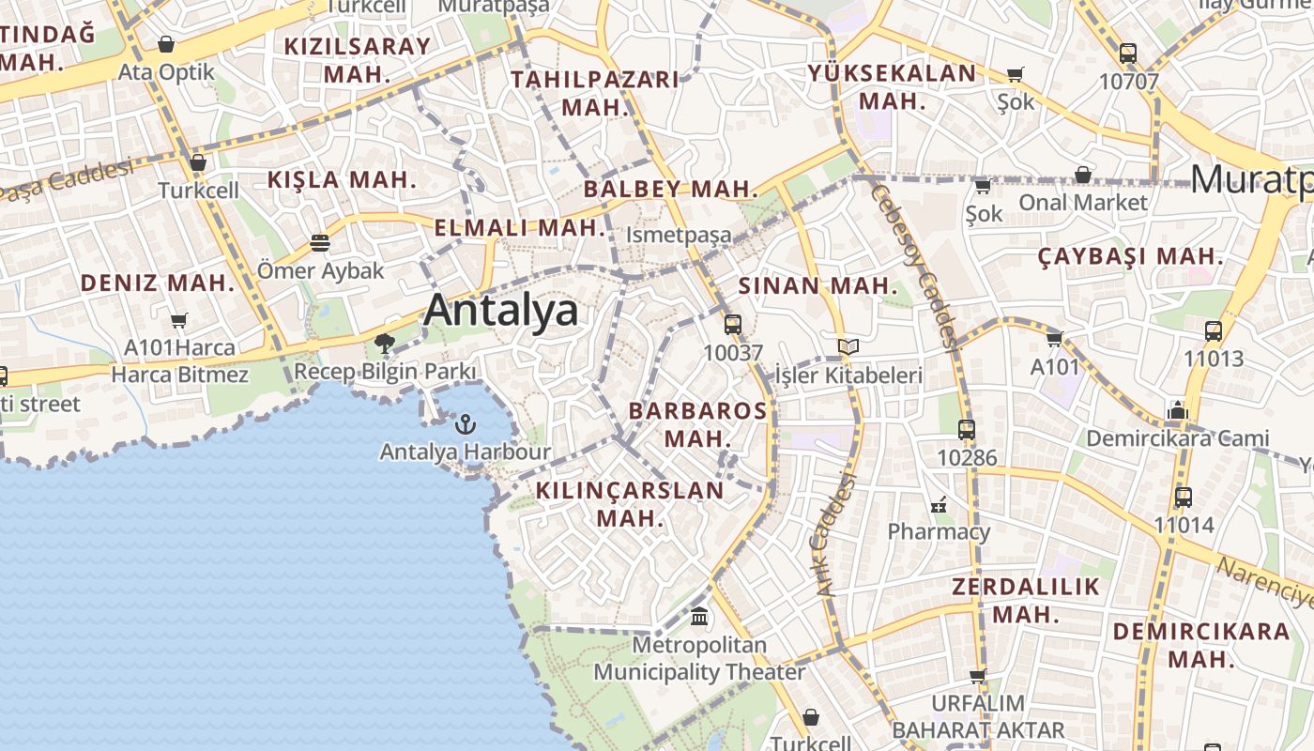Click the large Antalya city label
(x=500, y=311)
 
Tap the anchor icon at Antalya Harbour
(x=465, y=424)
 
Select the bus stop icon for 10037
(x=733, y=325)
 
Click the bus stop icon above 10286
(x=967, y=430)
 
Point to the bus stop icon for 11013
(x=1213, y=330)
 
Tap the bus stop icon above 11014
(x=1184, y=498)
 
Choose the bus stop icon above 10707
(x=1128, y=54)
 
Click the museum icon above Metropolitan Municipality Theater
(x=699, y=617)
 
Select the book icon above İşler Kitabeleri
(x=848, y=347)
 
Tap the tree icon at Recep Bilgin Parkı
(x=384, y=344)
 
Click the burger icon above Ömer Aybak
(x=320, y=243)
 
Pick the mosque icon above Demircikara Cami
(x=1177, y=410)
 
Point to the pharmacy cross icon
(x=939, y=505)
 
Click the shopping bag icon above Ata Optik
(x=166, y=44)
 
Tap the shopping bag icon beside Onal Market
(x=1082, y=175)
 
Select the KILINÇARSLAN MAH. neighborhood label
(x=630, y=503)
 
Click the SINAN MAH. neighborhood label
(x=818, y=285)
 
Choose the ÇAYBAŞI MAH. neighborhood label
(x=1131, y=256)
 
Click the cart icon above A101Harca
(x=179, y=320)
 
